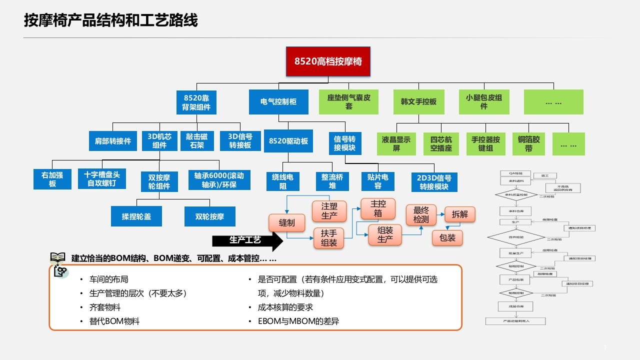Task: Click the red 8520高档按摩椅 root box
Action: tap(328, 61)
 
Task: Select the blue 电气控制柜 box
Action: tap(278, 101)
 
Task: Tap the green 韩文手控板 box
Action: tap(418, 101)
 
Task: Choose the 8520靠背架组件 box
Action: tap(196, 101)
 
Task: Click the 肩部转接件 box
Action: tap(113, 141)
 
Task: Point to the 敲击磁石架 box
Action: tap(197, 141)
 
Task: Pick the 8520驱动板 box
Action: tap(288, 141)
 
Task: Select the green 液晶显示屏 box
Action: tap(396, 143)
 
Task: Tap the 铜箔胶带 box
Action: tap(528, 143)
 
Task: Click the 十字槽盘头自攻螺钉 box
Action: tap(102, 179)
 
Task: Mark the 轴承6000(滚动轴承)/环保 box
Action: tap(219, 180)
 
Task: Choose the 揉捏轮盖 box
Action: tap(136, 216)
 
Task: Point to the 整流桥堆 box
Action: tap(332, 181)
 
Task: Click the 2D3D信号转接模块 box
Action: tap(434, 182)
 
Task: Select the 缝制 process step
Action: tap(286, 223)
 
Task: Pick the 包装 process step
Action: tap(447, 238)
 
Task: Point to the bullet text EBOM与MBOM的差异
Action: tap(298, 321)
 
